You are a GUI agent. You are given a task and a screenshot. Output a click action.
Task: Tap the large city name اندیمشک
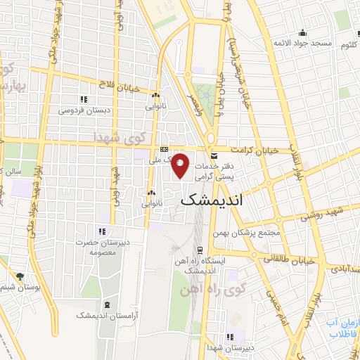tap(221, 200)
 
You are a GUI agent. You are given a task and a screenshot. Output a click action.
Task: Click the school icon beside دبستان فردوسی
tap(84, 99)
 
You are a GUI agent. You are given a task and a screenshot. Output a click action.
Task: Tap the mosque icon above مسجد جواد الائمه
tap(302, 32)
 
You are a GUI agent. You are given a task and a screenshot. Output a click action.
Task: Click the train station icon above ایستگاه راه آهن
tap(200, 250)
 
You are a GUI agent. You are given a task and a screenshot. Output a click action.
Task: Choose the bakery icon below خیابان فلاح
tap(155, 96)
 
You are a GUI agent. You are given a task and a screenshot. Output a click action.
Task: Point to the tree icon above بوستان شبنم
tap(19, 277)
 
